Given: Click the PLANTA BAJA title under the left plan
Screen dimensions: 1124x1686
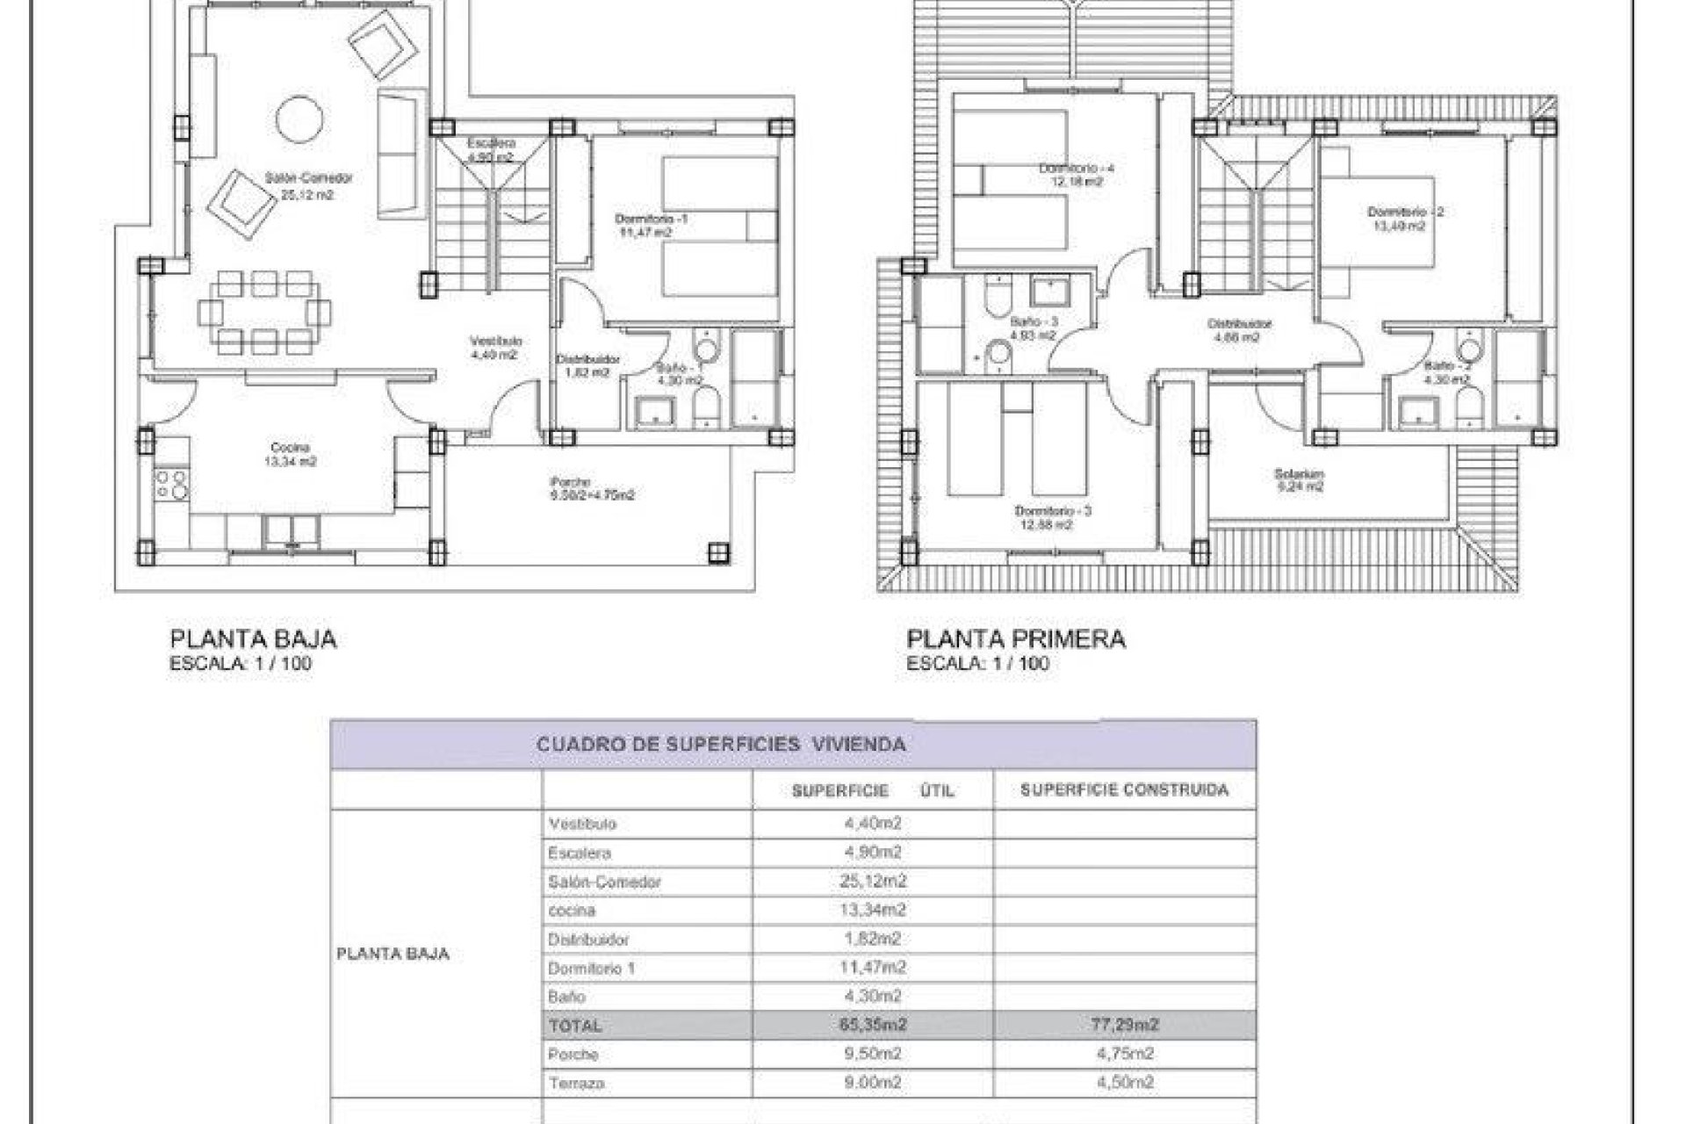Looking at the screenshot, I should pos(253,639).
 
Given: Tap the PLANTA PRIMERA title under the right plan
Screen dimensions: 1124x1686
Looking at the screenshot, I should pos(1016,639).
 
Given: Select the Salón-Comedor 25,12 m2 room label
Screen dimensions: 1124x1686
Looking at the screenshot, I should pos(308,186).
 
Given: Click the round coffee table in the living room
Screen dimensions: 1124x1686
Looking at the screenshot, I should pos(299,119).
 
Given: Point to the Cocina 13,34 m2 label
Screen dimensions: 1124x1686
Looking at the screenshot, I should pos(290,454).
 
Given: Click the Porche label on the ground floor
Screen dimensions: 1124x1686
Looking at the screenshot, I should pos(591,488).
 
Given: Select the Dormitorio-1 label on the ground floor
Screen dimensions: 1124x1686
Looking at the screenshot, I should pos(651,225).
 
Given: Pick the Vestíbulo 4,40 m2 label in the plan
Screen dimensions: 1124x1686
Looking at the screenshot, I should pos(496,348).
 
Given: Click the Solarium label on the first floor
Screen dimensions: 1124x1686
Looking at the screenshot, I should pos(1299,480).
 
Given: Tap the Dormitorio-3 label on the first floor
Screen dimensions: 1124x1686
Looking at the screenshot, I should pos(1053,517).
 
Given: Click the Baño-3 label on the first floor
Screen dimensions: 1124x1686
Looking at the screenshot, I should pos(1033,328).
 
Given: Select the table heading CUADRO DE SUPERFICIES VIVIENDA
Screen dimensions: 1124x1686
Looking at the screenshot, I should pos(720,745).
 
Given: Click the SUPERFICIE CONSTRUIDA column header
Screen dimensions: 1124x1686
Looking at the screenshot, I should pos(1124,790).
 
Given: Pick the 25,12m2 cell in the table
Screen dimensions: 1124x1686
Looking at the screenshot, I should pos(872,881).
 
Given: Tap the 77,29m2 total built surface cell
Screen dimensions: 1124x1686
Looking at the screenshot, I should pos(1124,1025).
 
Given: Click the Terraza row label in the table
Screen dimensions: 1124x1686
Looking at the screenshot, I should pos(576,1084).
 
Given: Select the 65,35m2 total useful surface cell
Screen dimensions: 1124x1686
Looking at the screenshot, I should pos(872,1025).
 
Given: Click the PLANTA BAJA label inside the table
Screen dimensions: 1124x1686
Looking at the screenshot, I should pos(393,954).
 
